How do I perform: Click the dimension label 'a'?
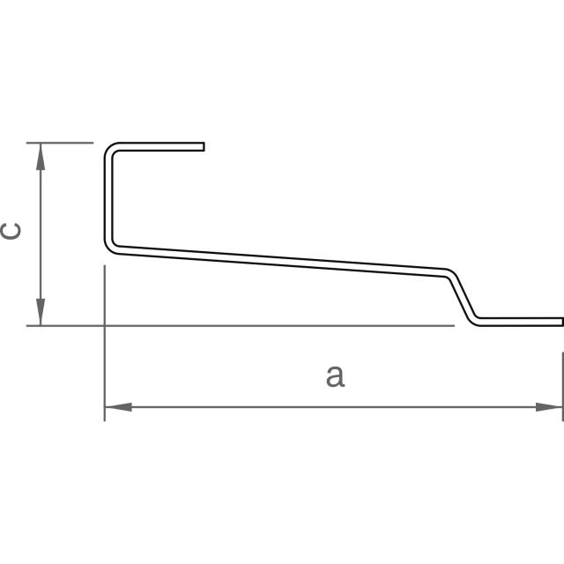[334, 376]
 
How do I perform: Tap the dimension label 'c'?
[11, 231]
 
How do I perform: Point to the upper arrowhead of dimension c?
[40, 155]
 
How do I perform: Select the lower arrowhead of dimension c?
[40, 313]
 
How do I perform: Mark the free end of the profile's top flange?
[203, 145]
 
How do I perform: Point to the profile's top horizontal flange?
[159, 145]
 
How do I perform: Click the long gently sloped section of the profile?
[282, 261]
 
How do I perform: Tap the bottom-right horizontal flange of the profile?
[520, 320]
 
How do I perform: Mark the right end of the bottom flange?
[560, 320]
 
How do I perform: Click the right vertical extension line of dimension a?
[562, 379]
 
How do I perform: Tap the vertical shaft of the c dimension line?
[40, 234]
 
